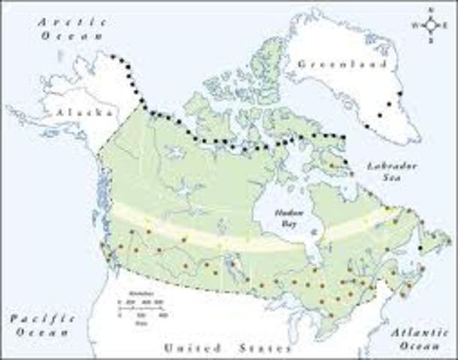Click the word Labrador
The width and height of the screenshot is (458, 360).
click(387, 163)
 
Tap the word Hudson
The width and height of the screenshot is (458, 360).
click(286, 203)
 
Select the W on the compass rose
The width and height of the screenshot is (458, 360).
click(415, 25)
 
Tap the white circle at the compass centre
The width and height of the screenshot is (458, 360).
click(430, 25)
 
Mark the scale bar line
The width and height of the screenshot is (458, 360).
click(140, 305)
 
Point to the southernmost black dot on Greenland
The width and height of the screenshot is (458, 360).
click(379, 115)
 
